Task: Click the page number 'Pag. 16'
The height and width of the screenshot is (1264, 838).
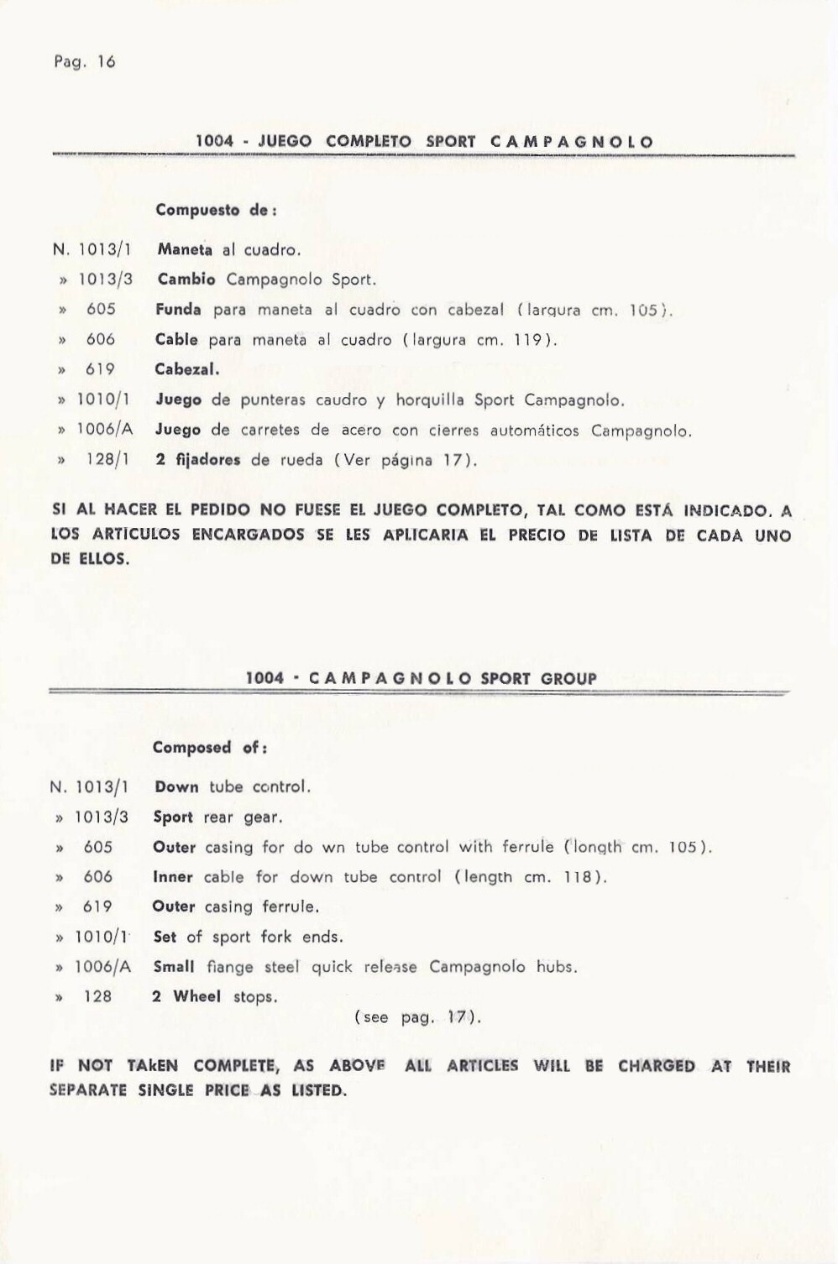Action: click(x=84, y=61)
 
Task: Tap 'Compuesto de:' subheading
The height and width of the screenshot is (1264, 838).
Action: click(x=216, y=210)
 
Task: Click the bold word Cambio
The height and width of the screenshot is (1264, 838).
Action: click(x=186, y=279)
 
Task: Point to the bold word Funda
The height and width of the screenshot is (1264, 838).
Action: click(x=178, y=309)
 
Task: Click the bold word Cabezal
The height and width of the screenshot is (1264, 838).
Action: click(x=186, y=368)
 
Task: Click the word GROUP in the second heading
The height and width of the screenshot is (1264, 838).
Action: click(x=569, y=678)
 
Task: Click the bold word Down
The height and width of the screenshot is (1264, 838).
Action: click(x=176, y=786)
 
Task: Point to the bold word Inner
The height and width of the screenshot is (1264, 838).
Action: click(x=173, y=876)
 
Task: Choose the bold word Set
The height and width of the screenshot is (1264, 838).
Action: click(x=165, y=936)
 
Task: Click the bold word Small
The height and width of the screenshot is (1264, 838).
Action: click(x=174, y=966)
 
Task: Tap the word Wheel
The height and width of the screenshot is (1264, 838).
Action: click(x=197, y=996)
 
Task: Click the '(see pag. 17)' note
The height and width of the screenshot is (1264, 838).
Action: click(x=417, y=1017)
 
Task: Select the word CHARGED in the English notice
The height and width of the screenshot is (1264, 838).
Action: click(x=657, y=1066)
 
